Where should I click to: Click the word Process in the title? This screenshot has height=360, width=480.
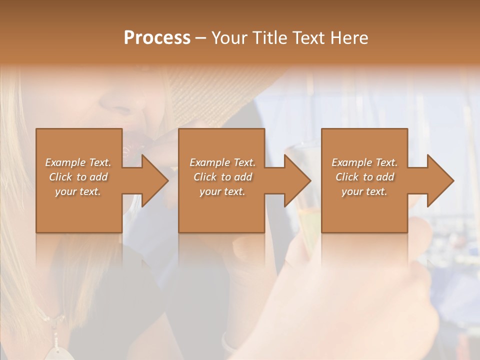pyautogui.click(x=157, y=37)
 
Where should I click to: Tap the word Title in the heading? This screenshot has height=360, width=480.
pyautogui.click(x=267, y=37)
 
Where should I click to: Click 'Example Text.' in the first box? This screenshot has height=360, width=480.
pyautogui.click(x=78, y=162)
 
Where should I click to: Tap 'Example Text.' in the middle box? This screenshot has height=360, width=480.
pyautogui.click(x=222, y=162)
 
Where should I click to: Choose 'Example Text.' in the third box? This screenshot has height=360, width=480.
pyautogui.click(x=364, y=162)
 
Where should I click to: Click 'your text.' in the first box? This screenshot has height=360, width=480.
pyautogui.click(x=78, y=191)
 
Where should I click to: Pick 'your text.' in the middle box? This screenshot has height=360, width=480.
pyautogui.click(x=222, y=191)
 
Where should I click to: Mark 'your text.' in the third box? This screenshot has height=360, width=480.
pyautogui.click(x=364, y=191)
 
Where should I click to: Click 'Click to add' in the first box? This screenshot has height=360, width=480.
pyautogui.click(x=78, y=177)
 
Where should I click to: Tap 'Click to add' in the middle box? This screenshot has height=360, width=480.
pyautogui.click(x=222, y=177)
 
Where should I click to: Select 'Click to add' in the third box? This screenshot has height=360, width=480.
pyautogui.click(x=364, y=177)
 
